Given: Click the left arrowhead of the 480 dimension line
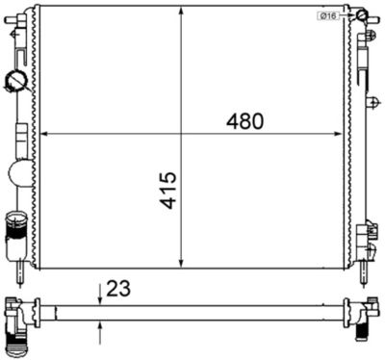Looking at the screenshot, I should (x=41, y=134).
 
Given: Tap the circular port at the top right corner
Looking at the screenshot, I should (x=360, y=16).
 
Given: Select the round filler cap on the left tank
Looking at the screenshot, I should (x=17, y=81).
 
